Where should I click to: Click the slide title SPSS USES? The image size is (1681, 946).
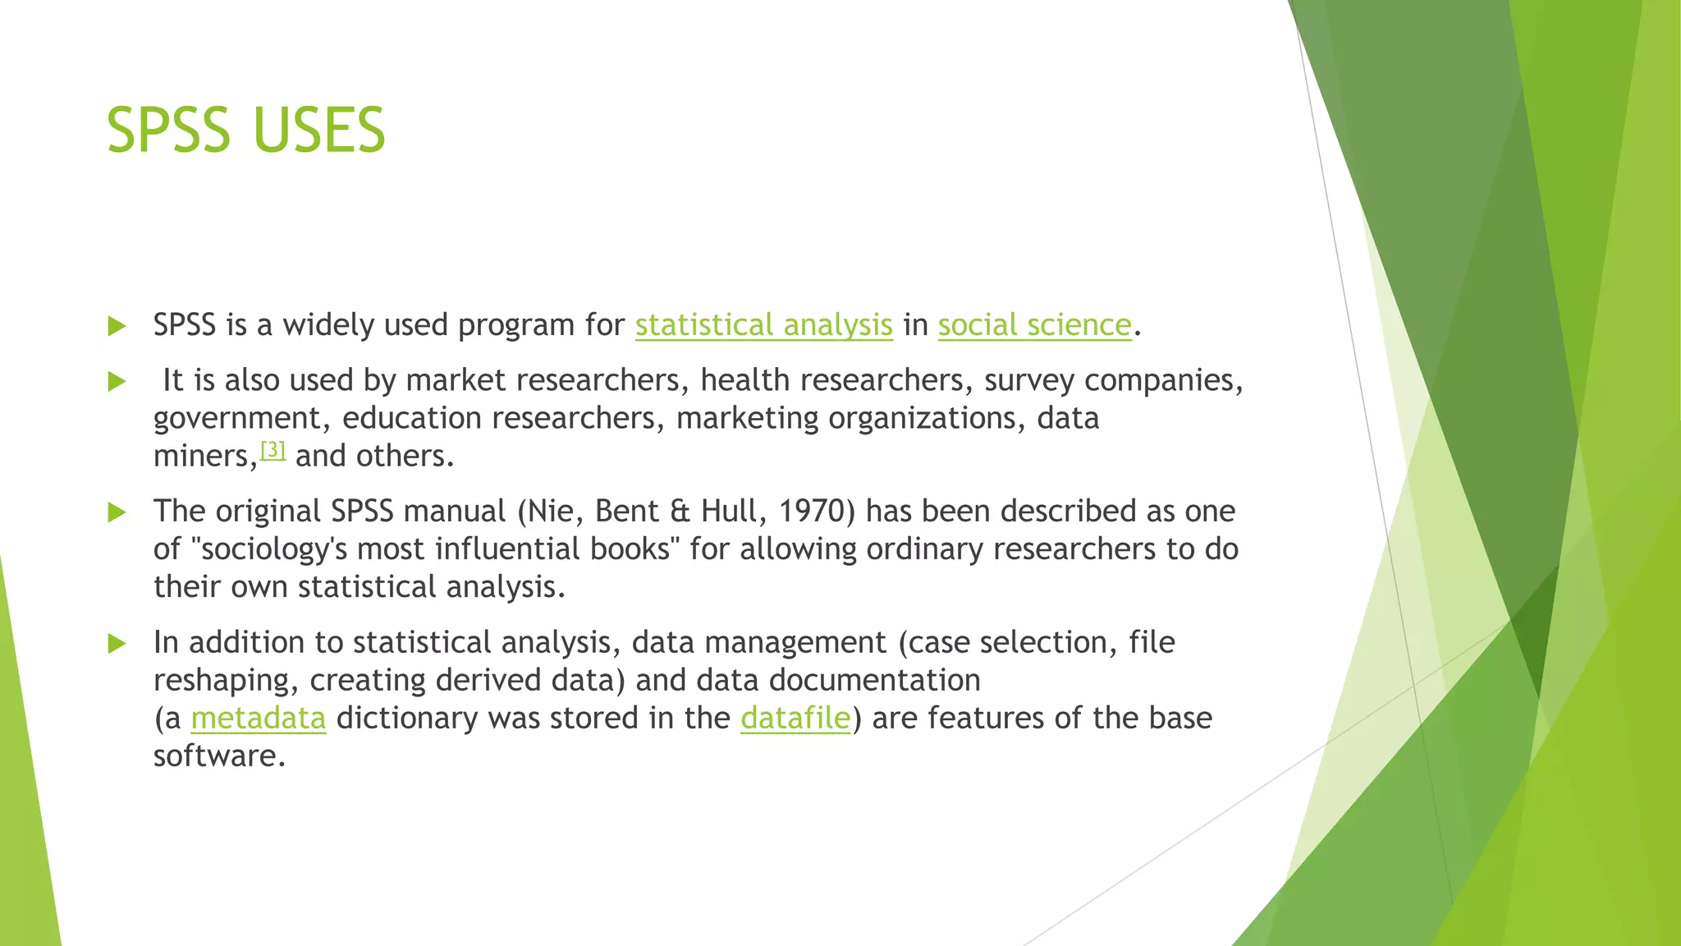(x=245, y=130)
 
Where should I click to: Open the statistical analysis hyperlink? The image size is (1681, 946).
(x=763, y=325)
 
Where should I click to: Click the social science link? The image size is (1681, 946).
(x=1034, y=325)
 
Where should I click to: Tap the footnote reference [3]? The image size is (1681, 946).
(x=273, y=450)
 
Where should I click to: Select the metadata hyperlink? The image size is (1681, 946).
(x=259, y=719)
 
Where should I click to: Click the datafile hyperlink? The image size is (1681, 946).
(x=795, y=719)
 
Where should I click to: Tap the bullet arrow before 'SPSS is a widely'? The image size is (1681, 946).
(x=117, y=326)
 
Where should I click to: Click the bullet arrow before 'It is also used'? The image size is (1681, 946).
(x=117, y=381)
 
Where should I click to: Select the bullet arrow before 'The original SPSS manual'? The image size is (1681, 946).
(x=117, y=512)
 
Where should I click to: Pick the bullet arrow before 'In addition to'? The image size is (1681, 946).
(x=117, y=643)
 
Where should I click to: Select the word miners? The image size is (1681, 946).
(x=203, y=457)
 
